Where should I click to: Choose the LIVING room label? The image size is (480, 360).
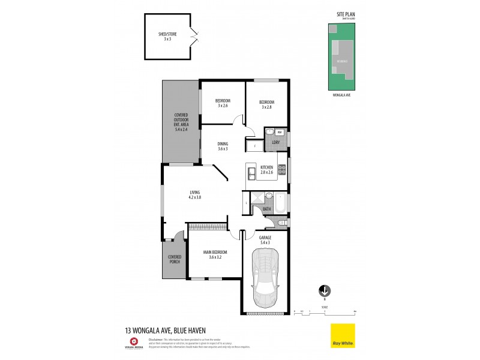pos(194,194)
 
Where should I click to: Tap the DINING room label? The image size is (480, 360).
pos(223,146)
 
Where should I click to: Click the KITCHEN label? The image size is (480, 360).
pos(267,169)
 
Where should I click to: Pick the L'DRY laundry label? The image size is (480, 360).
pos(276,142)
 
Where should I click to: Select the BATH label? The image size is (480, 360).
pos(267,209)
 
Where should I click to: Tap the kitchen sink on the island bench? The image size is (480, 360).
pos(251,173)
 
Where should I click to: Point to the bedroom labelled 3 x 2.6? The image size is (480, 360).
pos(223,103)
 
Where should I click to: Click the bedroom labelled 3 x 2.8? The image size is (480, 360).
pos(266,104)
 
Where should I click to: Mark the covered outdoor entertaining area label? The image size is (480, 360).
pos(181,122)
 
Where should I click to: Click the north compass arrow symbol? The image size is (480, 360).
pos(325,290)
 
